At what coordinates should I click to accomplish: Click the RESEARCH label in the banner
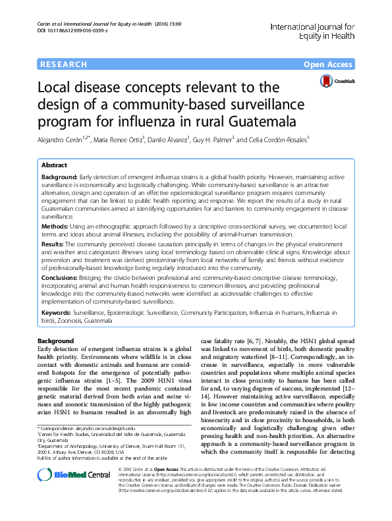coord(63,65)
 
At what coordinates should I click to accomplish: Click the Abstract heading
coord(56,165)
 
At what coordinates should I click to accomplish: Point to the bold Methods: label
coord(59,225)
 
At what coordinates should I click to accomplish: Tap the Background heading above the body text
coord(56,341)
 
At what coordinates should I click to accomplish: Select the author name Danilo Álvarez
coord(167,140)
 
